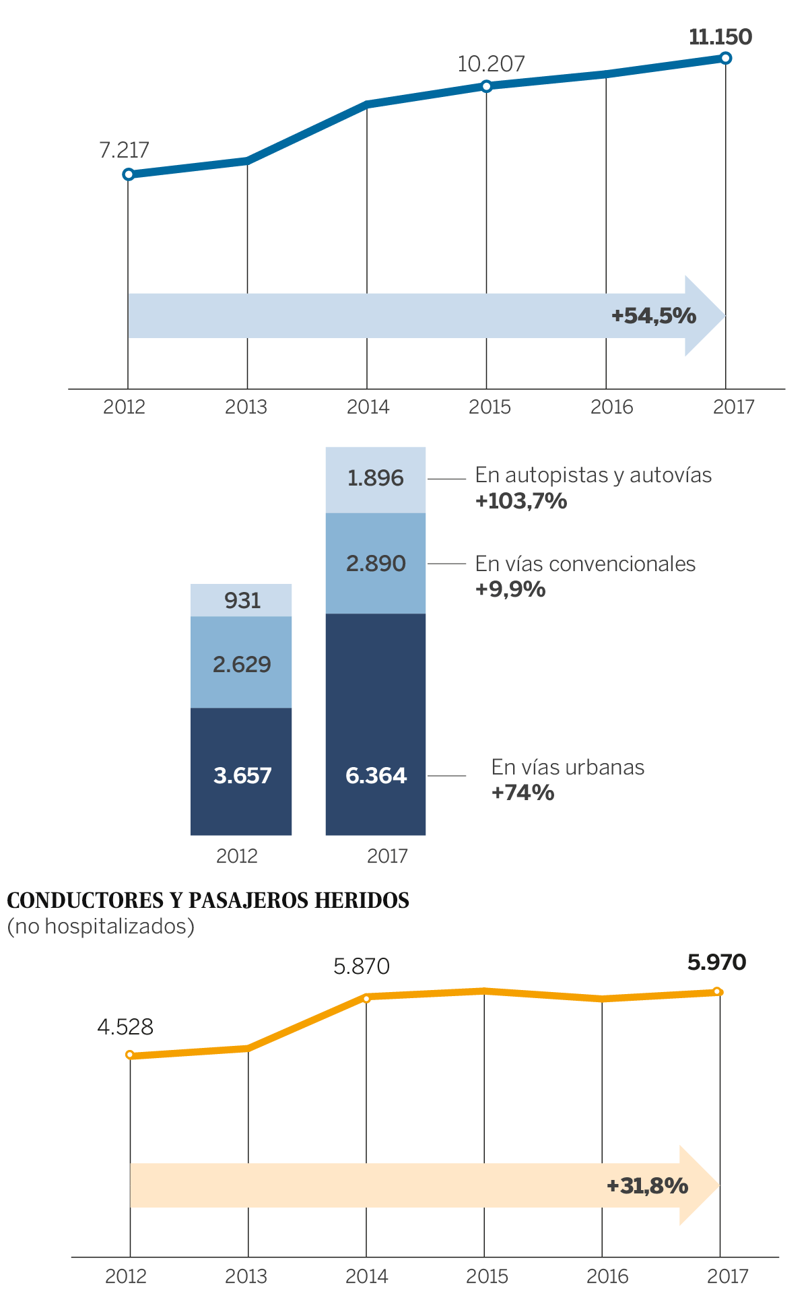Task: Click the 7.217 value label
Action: (124, 150)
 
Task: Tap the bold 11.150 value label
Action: (720, 37)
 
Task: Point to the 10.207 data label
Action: (491, 65)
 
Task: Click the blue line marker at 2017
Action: (725, 58)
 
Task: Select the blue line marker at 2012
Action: (128, 174)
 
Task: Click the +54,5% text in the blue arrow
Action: (653, 315)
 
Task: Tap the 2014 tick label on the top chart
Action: (368, 407)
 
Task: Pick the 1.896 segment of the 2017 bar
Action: (375, 479)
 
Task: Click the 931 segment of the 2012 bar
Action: (242, 600)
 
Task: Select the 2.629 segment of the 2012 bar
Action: (242, 665)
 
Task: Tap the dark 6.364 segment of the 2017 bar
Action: (376, 776)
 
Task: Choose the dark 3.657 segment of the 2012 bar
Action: (242, 776)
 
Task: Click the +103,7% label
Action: (521, 501)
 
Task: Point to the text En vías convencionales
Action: (585, 564)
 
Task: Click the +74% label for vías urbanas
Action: (523, 793)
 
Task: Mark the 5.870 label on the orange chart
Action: (362, 967)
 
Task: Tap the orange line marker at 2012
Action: (130, 1055)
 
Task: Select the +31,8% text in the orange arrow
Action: (647, 1186)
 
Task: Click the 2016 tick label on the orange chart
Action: (607, 1277)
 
